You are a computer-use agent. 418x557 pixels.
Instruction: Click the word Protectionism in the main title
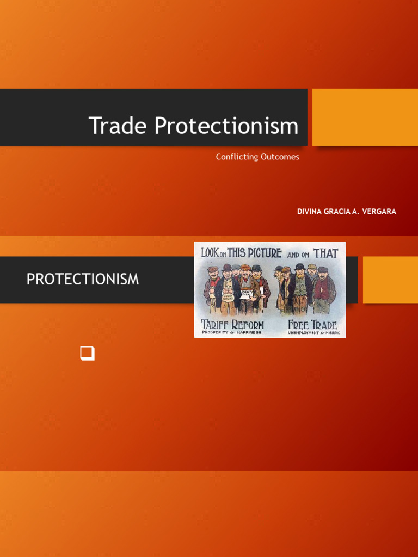click(226, 126)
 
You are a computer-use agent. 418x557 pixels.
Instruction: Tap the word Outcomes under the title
click(279, 157)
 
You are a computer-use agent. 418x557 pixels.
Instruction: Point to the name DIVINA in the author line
click(310, 212)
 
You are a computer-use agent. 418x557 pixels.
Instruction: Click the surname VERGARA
click(378, 212)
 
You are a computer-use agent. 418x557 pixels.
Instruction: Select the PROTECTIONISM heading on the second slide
click(83, 280)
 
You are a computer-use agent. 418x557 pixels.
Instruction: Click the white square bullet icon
click(87, 353)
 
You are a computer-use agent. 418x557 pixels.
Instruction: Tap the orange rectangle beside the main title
click(365, 117)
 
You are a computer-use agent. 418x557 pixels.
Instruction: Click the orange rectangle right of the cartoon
click(390, 280)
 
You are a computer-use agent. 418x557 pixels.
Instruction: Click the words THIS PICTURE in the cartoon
click(254, 253)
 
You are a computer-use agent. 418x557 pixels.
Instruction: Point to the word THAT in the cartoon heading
click(325, 253)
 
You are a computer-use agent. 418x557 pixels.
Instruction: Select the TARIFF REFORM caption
click(232, 325)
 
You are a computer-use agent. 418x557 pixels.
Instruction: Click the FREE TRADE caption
click(312, 325)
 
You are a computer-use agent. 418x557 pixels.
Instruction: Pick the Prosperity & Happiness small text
click(232, 332)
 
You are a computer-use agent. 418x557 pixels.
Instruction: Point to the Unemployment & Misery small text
click(313, 332)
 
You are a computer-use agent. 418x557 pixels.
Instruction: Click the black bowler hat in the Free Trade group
click(299, 267)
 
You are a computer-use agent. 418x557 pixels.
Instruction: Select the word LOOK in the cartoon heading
click(210, 253)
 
